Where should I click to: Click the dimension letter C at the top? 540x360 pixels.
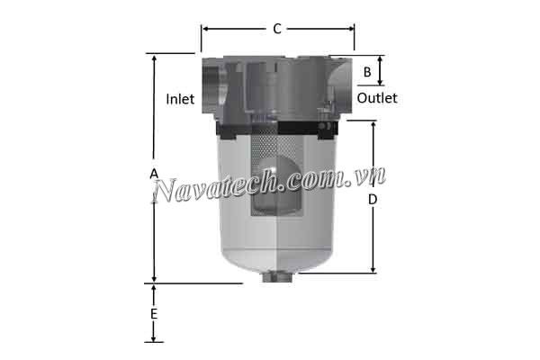click(x=277, y=29)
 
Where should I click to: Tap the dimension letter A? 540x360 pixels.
click(x=154, y=172)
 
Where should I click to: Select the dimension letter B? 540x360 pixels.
click(x=367, y=71)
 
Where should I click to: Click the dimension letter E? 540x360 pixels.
click(x=154, y=314)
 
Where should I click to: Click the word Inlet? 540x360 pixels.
click(x=181, y=99)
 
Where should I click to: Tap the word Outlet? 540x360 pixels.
click(x=377, y=98)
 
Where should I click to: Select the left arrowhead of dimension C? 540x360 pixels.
click(x=205, y=29)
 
